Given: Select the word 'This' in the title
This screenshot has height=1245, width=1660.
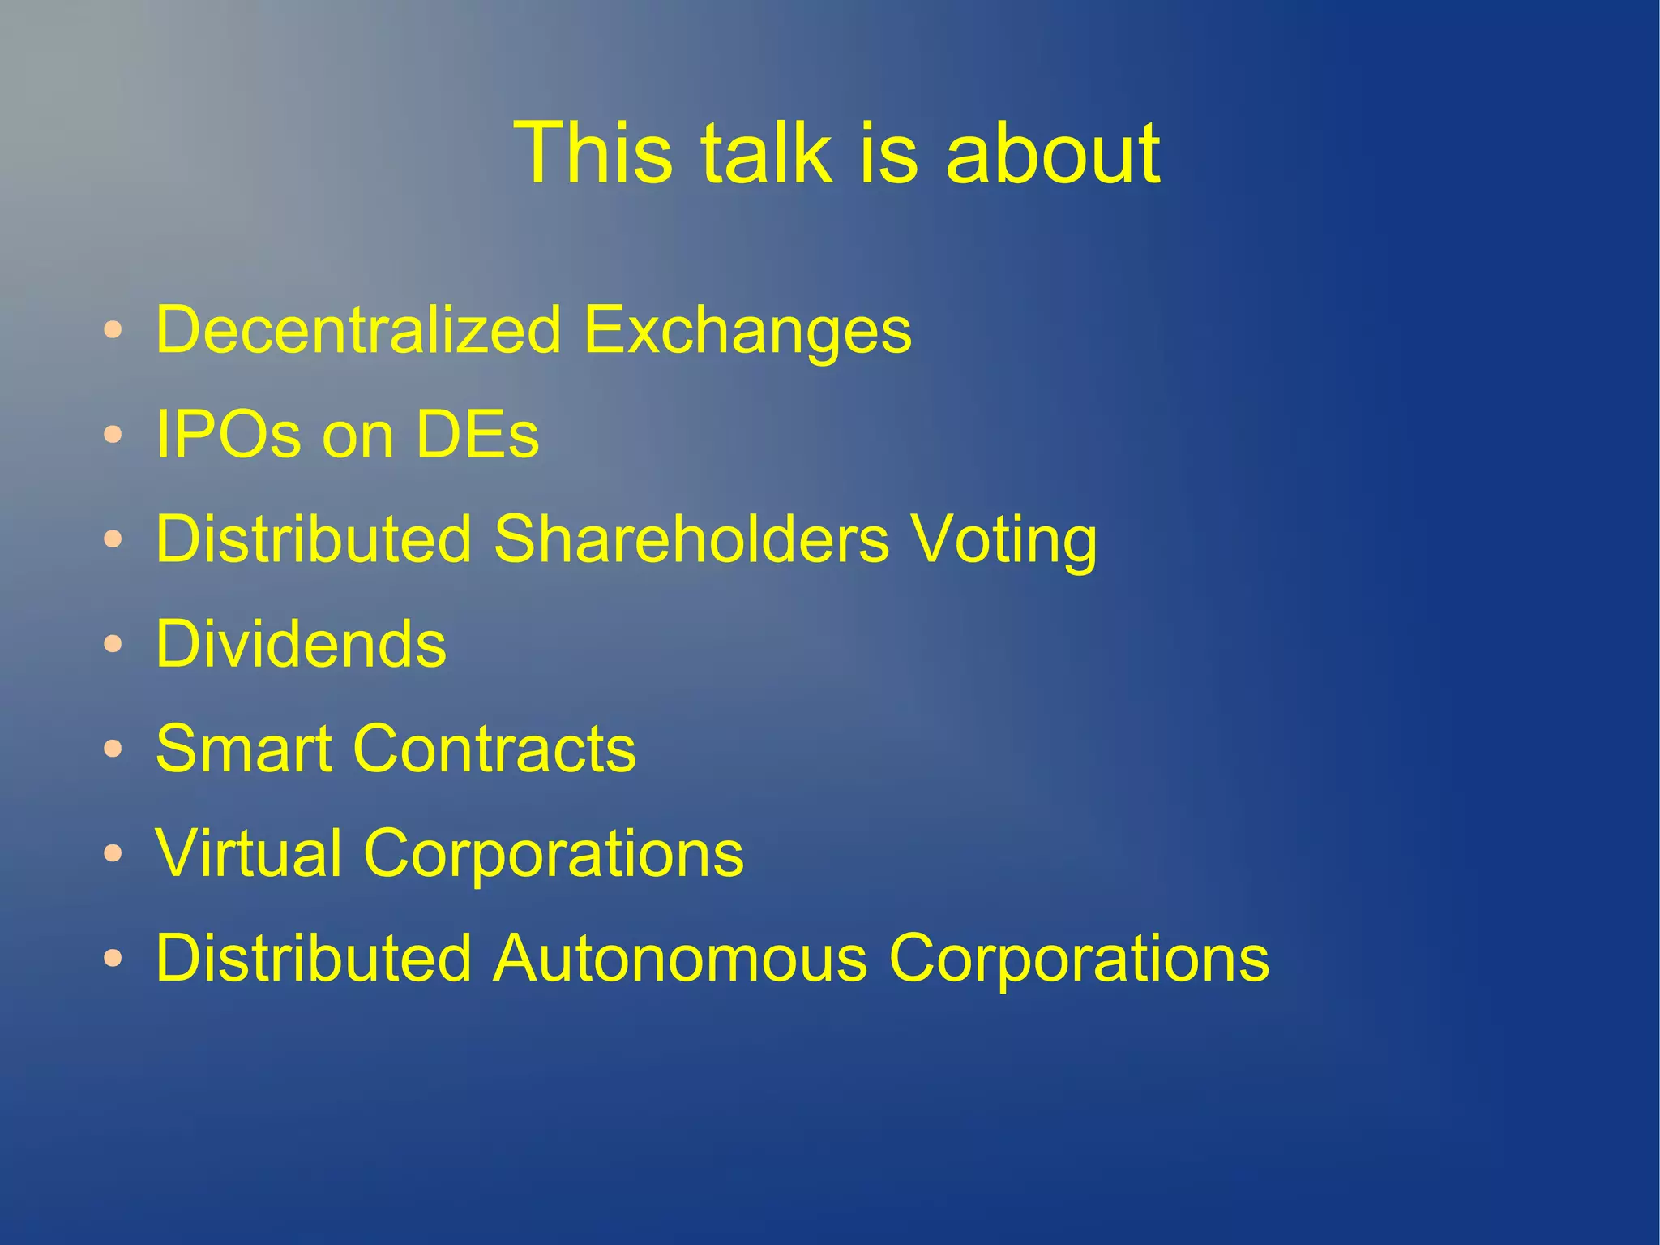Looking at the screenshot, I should (593, 152).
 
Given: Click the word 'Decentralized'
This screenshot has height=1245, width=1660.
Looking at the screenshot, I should (358, 329).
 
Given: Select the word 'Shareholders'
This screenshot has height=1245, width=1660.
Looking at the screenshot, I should (691, 539).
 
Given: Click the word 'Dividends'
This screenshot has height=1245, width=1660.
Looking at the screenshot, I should (301, 643).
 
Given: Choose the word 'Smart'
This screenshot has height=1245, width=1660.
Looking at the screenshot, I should (242, 748).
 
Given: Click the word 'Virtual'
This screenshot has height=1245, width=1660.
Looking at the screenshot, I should (248, 852).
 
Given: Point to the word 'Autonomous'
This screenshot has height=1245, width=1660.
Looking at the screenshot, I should (680, 957).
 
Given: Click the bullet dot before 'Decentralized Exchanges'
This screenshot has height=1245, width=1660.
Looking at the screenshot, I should (113, 330).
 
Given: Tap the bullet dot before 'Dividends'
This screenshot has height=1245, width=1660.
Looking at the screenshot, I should (113, 644).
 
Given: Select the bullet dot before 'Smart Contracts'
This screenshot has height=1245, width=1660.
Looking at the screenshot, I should (113, 749).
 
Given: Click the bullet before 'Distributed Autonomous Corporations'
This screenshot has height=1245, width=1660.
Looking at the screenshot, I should (113, 958).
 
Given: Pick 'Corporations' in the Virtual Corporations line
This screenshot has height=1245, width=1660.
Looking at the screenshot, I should (554, 854).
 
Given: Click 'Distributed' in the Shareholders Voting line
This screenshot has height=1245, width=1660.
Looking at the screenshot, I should (313, 539).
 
